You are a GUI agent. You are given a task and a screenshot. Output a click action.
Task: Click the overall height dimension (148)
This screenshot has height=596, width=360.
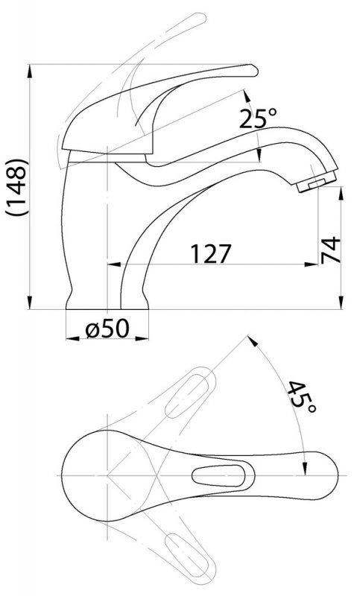click(16, 188)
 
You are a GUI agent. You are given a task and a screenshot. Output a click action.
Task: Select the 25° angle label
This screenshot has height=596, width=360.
click(258, 118)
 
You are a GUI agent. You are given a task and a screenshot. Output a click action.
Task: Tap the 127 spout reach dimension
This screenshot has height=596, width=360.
click(211, 253)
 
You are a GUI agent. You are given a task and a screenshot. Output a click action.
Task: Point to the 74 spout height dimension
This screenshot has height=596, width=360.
click(331, 250)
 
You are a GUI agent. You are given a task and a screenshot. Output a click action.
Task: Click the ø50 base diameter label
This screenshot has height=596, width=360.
click(107, 328)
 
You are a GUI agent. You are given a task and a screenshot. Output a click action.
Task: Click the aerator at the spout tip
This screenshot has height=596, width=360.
click(317, 181)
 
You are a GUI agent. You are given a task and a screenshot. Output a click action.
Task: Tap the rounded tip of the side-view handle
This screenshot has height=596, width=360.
click(253, 71)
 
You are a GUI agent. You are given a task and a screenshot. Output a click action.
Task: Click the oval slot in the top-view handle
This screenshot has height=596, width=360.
click(218, 475)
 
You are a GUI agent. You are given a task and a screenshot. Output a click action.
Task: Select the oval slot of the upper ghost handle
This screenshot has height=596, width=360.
click(187, 396)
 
